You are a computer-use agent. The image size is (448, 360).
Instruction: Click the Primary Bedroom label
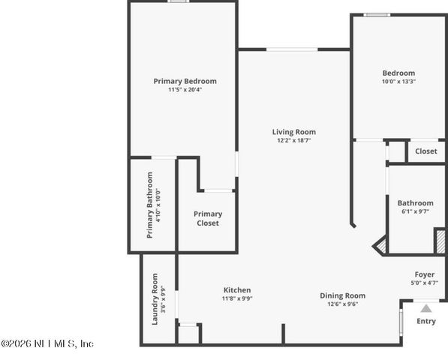tap(185, 81)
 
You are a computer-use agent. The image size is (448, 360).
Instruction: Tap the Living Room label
tap(293, 132)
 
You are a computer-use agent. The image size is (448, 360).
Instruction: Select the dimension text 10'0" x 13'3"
tap(398, 82)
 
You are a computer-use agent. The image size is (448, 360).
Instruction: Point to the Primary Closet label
tap(208, 218)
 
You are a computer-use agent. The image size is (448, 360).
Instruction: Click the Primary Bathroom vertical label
tap(150, 205)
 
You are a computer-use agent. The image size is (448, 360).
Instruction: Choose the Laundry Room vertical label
tap(155, 298)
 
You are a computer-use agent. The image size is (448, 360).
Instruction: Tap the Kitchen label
tap(237, 290)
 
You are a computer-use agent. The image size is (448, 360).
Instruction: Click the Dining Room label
tap(342, 295)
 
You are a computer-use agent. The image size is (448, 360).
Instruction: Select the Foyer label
tap(425, 274)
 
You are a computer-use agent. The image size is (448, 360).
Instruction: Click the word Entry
tap(425, 321)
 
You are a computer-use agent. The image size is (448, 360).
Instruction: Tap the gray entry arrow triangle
tap(425, 307)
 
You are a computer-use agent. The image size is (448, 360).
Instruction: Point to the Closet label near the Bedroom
tap(425, 151)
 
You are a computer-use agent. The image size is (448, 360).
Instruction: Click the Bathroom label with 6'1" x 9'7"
tap(415, 202)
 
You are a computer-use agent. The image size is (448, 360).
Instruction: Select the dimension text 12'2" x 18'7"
tap(293, 140)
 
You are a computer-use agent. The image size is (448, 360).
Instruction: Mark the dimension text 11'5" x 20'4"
tap(185, 89)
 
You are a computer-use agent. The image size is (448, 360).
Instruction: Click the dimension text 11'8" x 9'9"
tap(237, 298)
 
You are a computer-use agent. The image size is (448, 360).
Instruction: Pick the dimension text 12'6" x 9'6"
tap(342, 304)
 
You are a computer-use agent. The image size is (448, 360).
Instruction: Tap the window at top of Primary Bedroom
tap(178, 1)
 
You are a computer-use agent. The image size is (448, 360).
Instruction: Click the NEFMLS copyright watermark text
tap(47, 343)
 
